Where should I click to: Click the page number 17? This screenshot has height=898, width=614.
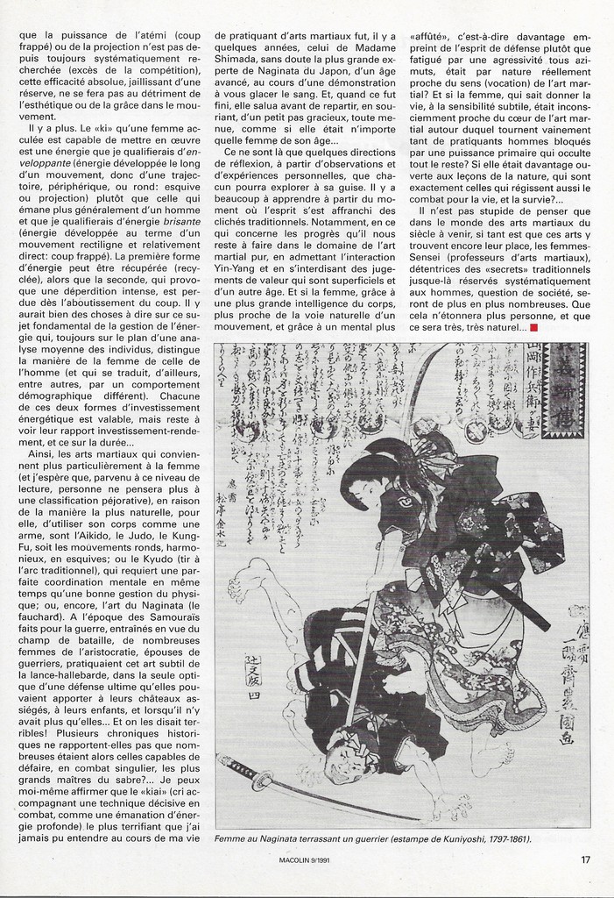point(585,859)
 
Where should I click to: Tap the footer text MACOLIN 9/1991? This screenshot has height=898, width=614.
point(305,860)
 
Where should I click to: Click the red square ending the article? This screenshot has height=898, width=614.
point(533,327)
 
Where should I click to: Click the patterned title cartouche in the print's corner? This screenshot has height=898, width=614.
point(566,390)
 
